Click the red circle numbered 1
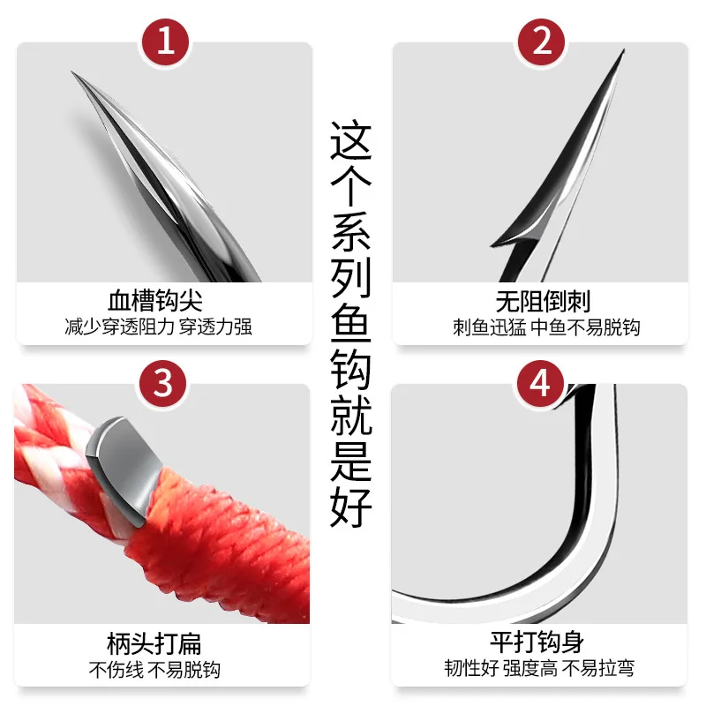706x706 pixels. [165, 41]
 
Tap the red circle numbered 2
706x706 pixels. [541, 41]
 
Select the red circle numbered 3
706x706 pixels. [163, 384]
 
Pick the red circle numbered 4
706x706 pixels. [540, 384]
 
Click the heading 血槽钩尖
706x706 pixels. [155, 300]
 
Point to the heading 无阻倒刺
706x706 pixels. [543, 301]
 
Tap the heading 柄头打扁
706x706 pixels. [154, 643]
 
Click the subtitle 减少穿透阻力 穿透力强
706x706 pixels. [158, 327]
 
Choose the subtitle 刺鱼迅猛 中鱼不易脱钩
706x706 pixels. [546, 327]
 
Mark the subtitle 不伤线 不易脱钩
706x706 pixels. [154, 670]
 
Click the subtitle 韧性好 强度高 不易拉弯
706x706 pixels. [539, 668]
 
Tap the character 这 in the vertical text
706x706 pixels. [350, 140]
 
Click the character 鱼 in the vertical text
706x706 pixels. [350, 324]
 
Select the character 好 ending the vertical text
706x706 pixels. [350, 507]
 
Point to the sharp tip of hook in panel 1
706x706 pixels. [72, 71]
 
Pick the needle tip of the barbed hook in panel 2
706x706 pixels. [624, 49]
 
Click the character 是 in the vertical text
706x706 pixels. [350, 461]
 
